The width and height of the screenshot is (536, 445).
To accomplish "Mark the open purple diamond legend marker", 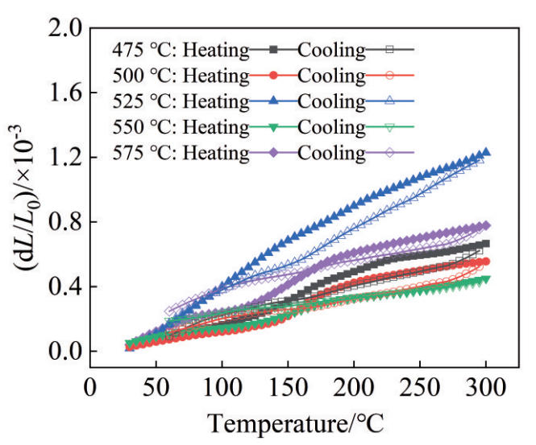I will click(389, 153).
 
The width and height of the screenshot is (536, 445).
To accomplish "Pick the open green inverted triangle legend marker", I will click(389, 127).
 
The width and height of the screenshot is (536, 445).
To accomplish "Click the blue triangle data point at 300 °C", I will click(485, 152).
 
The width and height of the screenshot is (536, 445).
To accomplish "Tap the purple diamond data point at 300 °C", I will click(485, 225).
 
